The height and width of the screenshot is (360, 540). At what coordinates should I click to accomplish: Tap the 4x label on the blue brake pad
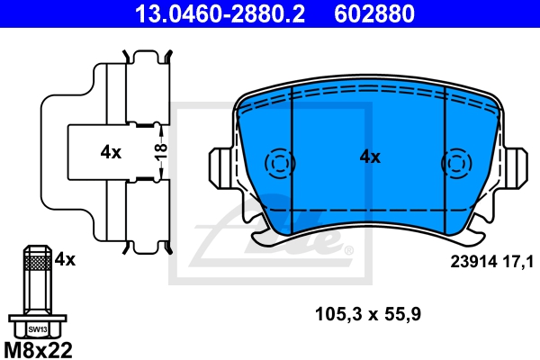click(x=370, y=157)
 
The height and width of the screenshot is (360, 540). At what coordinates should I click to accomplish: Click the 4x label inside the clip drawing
click(x=110, y=152)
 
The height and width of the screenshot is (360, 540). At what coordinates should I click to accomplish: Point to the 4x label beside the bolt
click(x=64, y=259)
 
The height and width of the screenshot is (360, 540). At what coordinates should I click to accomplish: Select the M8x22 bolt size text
click(x=39, y=346)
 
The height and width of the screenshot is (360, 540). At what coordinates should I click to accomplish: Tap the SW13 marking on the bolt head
click(x=35, y=330)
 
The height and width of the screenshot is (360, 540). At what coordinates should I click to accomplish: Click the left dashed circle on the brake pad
click(x=280, y=164)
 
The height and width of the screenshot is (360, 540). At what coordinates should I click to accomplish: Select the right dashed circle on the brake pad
click(x=455, y=164)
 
